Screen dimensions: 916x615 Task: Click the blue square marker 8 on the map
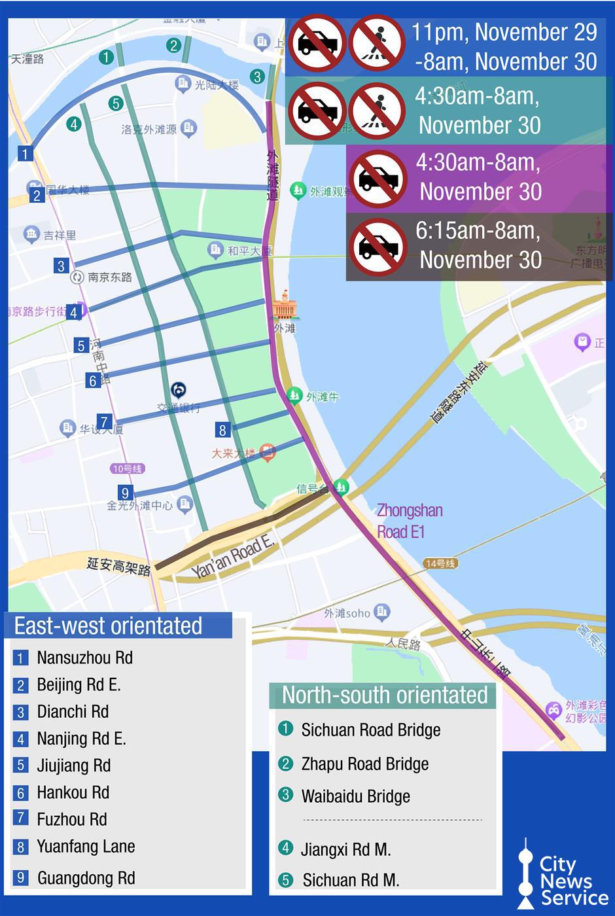click(222, 430)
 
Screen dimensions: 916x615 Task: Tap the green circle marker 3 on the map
click(257, 77)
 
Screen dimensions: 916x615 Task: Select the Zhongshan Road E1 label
click(410, 521)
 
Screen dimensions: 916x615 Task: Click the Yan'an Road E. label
click(232, 557)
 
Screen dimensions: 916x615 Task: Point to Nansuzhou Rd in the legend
click(84, 658)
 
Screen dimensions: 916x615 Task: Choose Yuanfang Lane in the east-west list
click(86, 846)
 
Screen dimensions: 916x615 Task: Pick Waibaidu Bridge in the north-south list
click(355, 796)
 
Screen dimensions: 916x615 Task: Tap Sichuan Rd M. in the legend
click(350, 880)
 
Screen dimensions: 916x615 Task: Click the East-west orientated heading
click(108, 626)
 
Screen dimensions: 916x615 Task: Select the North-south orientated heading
click(385, 695)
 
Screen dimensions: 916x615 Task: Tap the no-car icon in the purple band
click(378, 179)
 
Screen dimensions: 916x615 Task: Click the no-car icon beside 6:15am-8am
click(378, 247)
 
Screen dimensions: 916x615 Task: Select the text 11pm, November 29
click(504, 32)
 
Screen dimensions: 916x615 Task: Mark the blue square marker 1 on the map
click(25, 154)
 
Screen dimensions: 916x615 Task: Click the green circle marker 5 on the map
click(116, 103)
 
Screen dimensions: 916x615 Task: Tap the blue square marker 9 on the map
click(125, 493)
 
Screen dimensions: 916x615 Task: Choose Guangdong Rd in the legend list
click(86, 878)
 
